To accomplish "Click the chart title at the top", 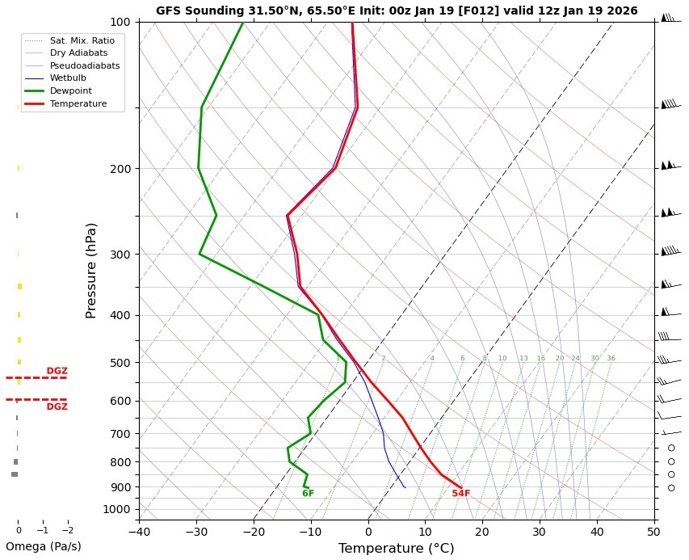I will click(397, 11).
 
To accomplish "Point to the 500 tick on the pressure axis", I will click(120, 363).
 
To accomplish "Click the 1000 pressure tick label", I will click(117, 509).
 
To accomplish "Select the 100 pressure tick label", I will click(120, 22).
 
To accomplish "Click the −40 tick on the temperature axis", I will click(139, 532).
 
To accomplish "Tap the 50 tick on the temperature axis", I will click(653, 532).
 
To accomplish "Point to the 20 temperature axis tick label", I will click(482, 532).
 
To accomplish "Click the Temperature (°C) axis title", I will click(396, 549).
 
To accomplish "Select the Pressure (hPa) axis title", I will click(92, 270).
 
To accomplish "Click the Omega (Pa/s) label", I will click(44, 546).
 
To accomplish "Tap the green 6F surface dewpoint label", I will click(309, 494).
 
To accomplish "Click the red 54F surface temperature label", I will click(461, 494).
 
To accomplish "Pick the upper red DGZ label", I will click(57, 372).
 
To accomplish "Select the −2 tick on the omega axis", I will click(68, 531).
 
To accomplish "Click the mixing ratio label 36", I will click(611, 359).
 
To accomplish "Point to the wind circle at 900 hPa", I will click(671, 487).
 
